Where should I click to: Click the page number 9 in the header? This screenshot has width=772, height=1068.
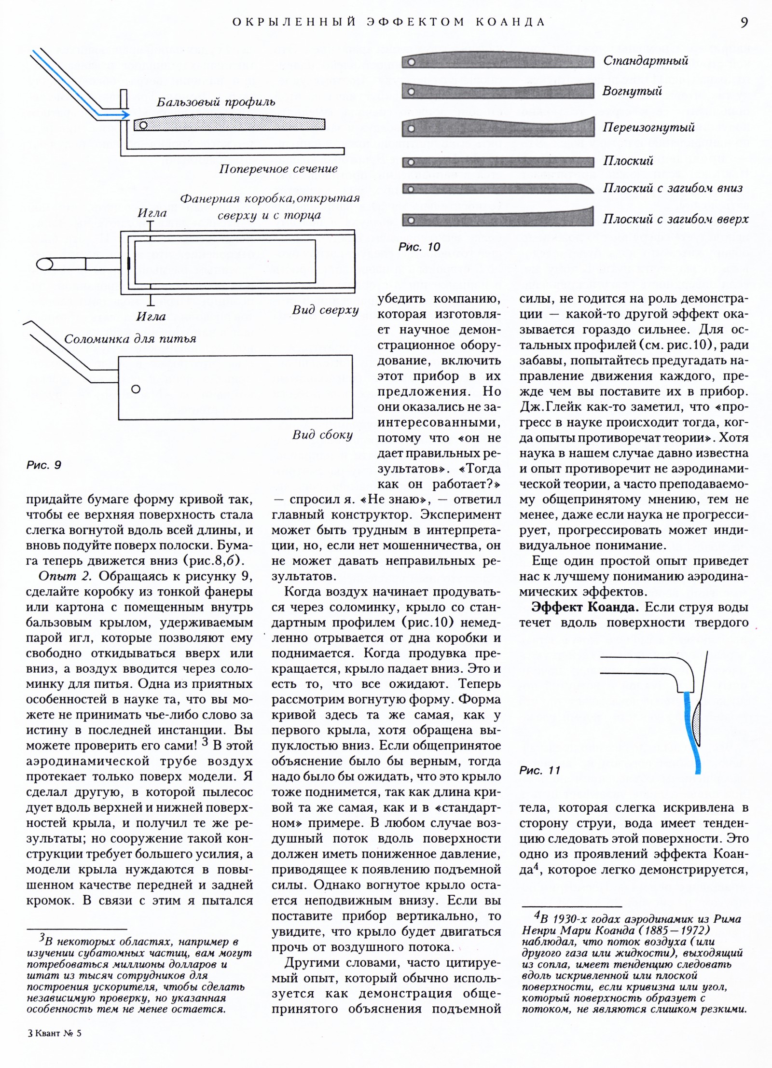744,23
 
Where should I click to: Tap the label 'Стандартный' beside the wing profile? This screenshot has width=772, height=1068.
646,61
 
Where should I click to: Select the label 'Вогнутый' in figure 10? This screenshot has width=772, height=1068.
632,91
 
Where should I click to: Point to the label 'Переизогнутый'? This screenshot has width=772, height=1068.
648,127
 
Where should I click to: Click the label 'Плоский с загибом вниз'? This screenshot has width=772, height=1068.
673,188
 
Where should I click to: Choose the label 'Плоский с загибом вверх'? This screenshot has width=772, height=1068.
675,219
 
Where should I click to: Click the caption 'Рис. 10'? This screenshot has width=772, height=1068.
419,247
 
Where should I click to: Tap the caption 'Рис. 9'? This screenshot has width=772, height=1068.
44,465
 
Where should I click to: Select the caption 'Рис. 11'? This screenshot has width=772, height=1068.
539,770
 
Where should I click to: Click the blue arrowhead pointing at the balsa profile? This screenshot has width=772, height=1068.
125,115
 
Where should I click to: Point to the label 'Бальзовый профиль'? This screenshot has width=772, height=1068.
216,102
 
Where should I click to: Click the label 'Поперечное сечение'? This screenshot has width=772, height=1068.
278,169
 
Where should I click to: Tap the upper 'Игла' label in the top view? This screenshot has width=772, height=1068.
152,213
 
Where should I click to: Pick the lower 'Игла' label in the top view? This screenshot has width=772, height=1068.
151,317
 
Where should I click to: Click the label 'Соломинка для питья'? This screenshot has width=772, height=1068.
130,339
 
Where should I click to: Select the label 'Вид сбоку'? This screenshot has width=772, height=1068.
322,435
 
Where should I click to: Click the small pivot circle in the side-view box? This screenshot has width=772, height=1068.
136,389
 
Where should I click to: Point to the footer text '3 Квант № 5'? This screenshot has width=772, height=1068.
55,1046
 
